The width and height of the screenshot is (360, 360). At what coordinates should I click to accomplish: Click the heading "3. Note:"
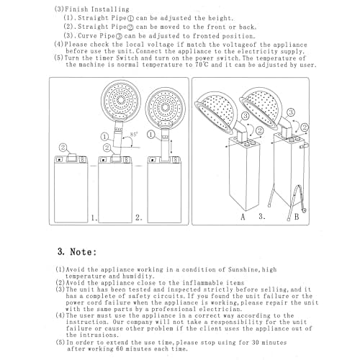(x=77, y=252)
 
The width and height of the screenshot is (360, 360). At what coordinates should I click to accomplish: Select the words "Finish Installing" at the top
(x=97, y=9)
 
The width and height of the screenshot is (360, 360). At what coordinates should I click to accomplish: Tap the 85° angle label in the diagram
(x=134, y=135)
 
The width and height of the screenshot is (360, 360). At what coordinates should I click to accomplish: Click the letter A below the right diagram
(x=243, y=217)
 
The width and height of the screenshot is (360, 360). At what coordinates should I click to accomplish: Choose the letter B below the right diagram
(x=297, y=217)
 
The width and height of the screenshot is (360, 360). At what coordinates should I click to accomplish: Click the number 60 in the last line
(x=120, y=348)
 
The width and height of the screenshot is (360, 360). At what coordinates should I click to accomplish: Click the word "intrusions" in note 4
(x=99, y=335)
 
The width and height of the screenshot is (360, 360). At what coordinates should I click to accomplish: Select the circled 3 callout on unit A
(x=246, y=116)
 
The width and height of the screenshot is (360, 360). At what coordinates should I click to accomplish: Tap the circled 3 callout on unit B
(x=291, y=112)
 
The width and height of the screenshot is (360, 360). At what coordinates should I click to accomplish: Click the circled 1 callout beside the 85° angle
(x=104, y=137)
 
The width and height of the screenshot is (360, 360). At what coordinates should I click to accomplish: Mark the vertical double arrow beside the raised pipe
(x=171, y=148)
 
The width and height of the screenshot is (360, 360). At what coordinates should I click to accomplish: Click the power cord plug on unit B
(x=305, y=210)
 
